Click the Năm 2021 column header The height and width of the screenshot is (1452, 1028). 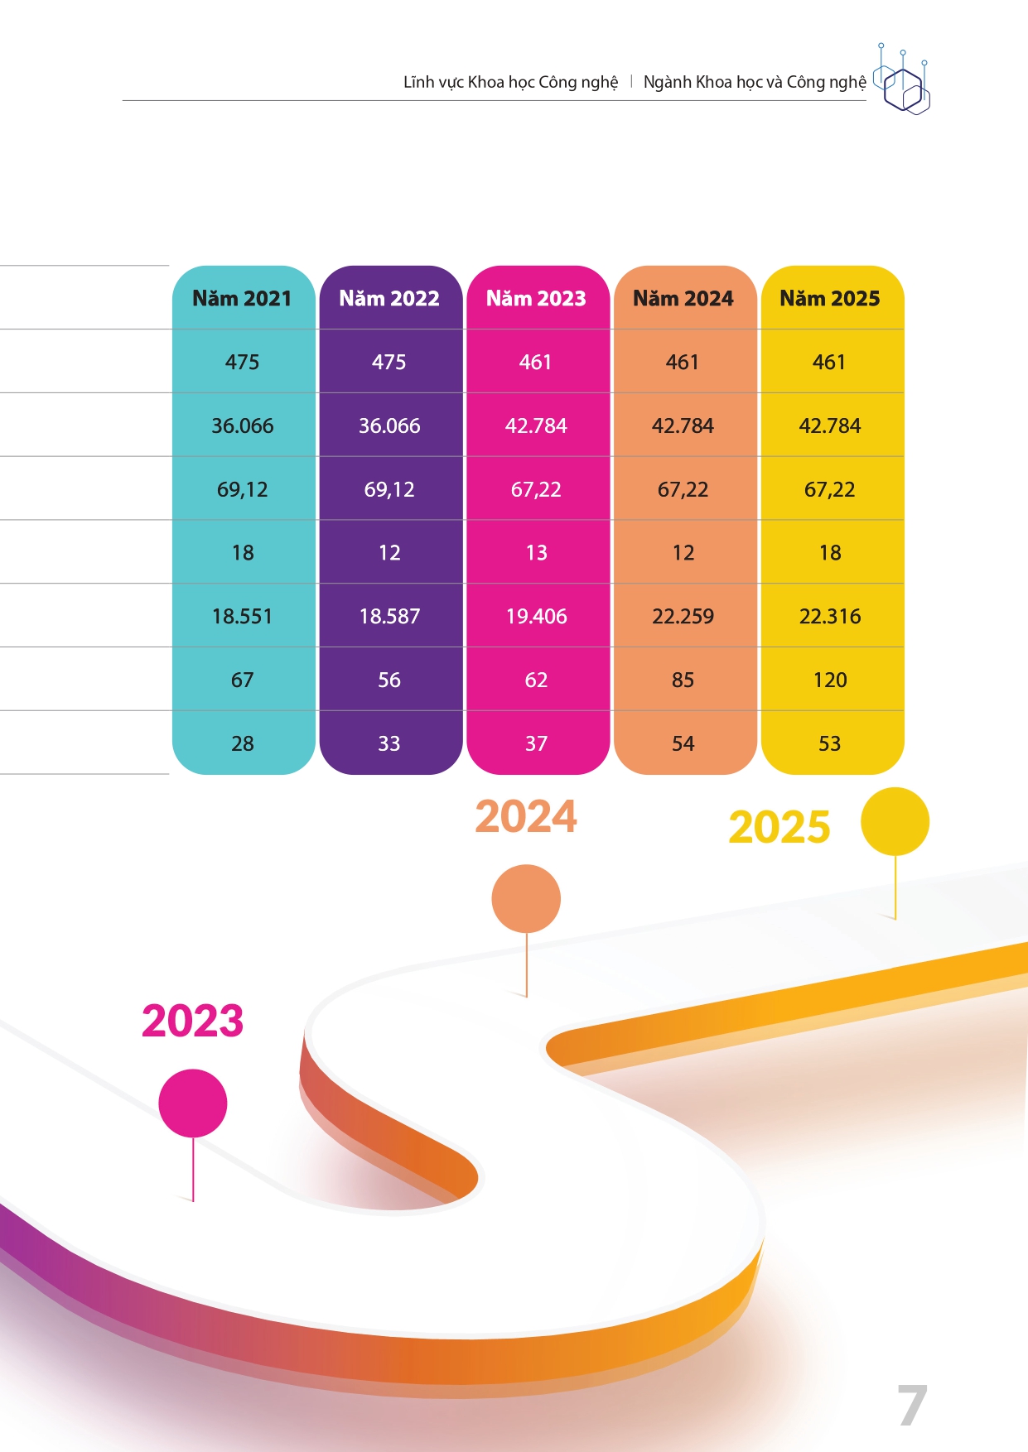pos(242,298)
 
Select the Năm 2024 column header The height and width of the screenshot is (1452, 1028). pos(683,298)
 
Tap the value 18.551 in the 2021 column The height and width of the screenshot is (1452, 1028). pos(242,616)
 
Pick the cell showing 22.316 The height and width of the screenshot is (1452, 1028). pos(829,616)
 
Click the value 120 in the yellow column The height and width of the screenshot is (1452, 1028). pos(829,680)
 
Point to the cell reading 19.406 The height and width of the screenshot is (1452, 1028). pos(536,616)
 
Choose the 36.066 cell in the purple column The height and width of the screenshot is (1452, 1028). pos(389,426)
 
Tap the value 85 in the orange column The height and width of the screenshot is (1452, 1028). pos(683,680)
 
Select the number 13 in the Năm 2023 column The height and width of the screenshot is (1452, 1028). pos(536,552)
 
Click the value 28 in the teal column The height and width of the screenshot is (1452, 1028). pos(242,743)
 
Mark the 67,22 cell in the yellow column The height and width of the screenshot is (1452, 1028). pos(829,489)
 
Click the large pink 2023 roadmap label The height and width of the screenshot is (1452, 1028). pos(192,1021)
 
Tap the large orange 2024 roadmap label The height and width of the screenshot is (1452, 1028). pos(526,817)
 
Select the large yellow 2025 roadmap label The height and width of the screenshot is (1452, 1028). pos(779,827)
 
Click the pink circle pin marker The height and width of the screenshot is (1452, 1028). pos(193,1103)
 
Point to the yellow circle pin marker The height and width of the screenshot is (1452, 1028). pos(895,821)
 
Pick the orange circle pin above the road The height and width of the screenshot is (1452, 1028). pos(526,899)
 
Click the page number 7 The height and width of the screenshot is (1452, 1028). pos(911,1406)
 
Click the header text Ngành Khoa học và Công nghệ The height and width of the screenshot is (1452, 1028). pos(755,82)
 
